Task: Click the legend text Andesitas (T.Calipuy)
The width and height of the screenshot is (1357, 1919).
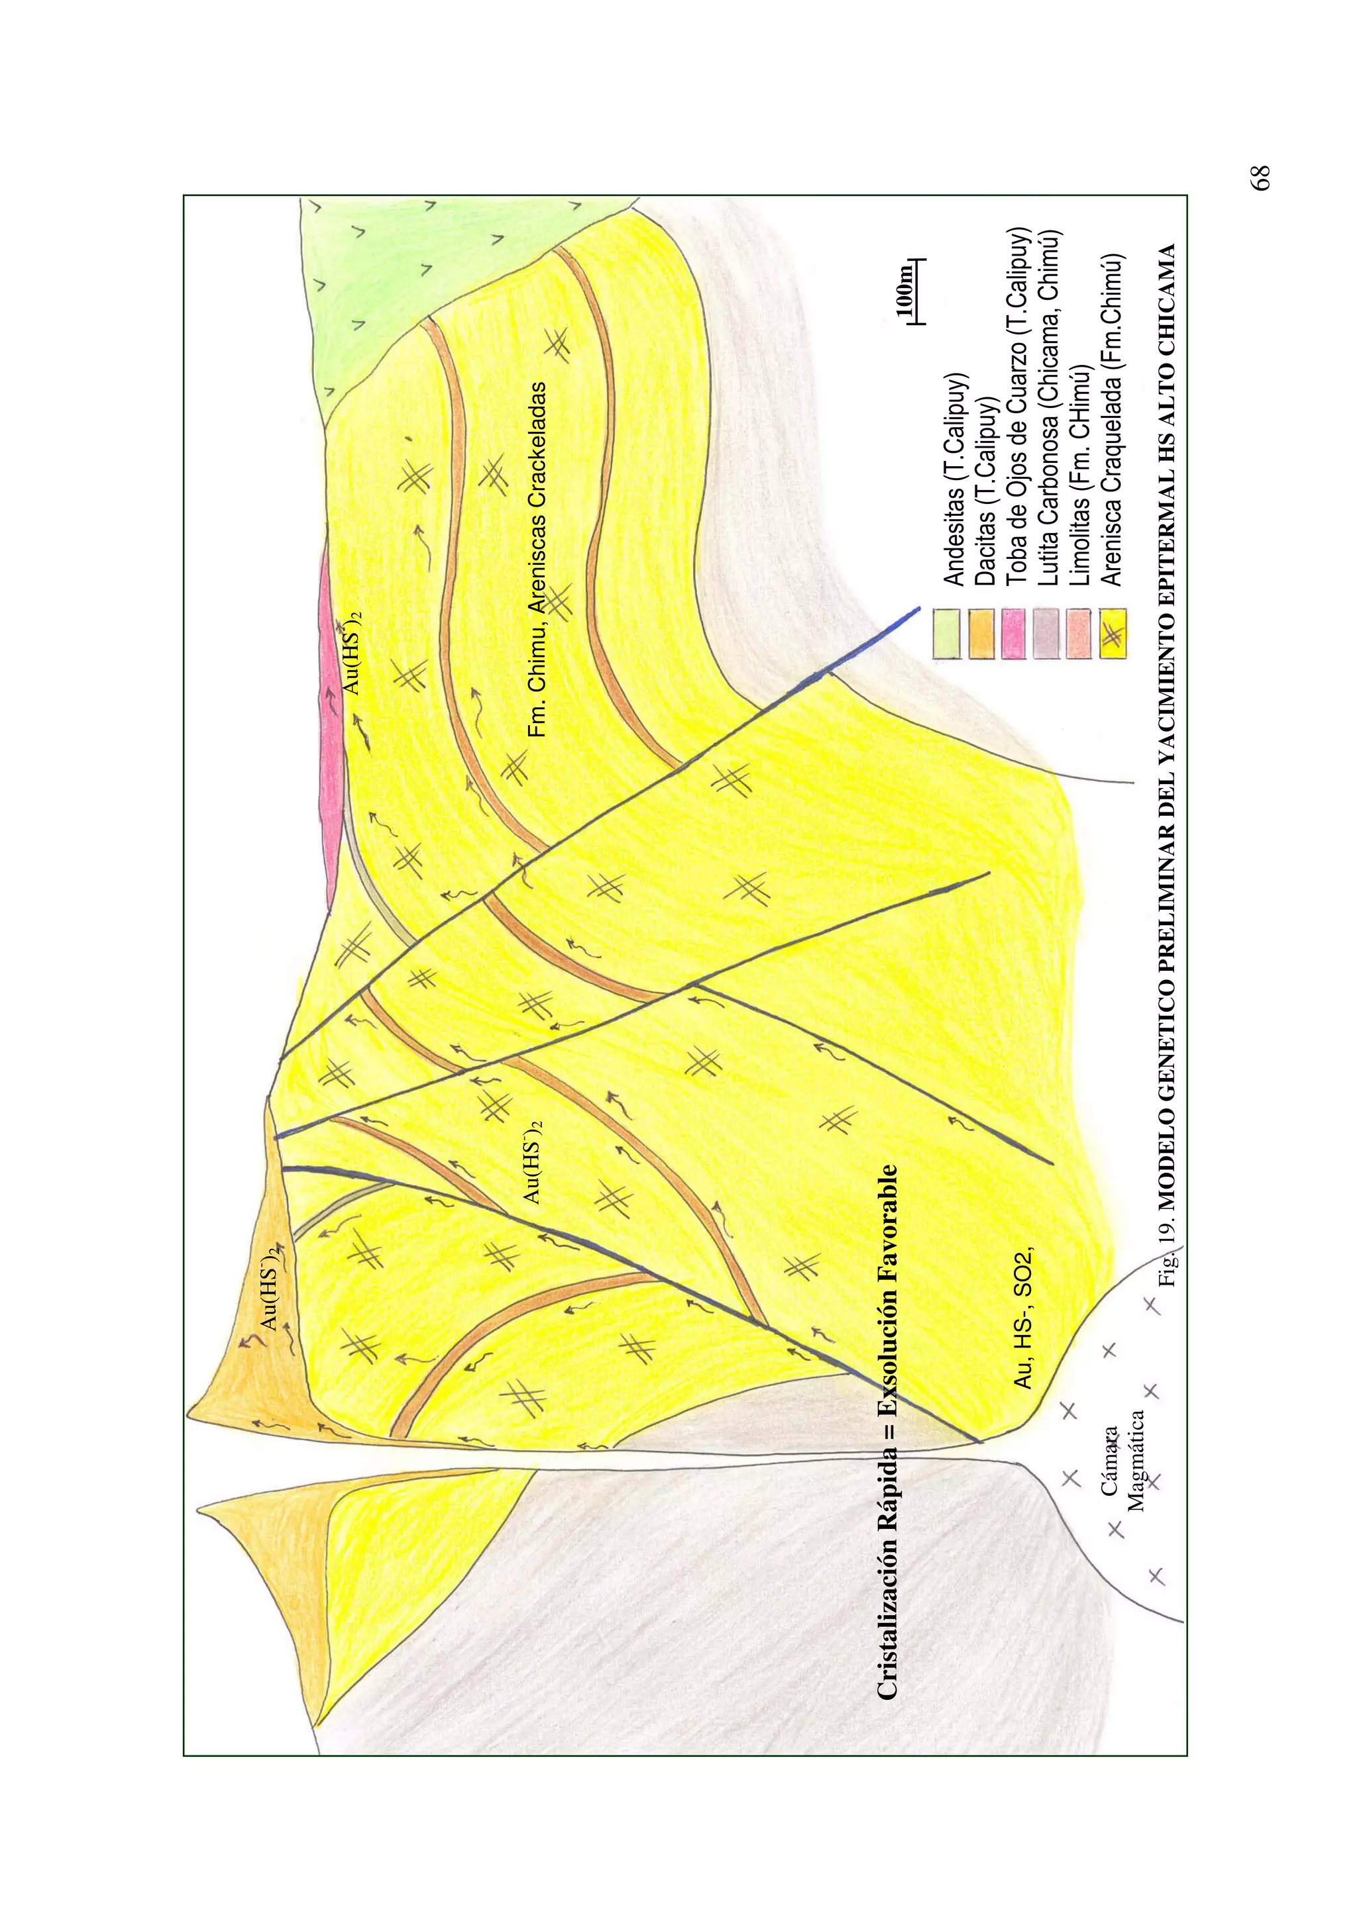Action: [x=954, y=479]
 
